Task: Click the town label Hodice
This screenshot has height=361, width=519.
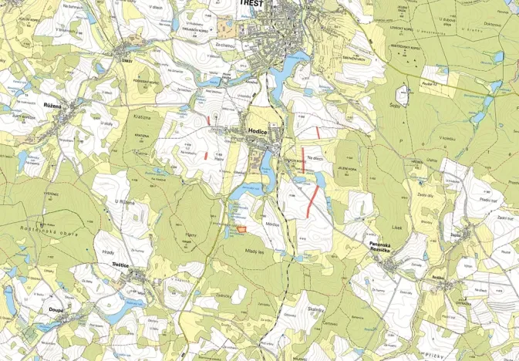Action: (258, 132)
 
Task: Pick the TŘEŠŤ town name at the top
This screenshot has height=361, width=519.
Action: (251, 4)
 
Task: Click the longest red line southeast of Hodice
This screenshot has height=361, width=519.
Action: (313, 200)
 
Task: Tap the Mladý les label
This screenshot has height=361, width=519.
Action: (255, 251)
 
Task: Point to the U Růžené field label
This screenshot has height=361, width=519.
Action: (125, 201)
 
